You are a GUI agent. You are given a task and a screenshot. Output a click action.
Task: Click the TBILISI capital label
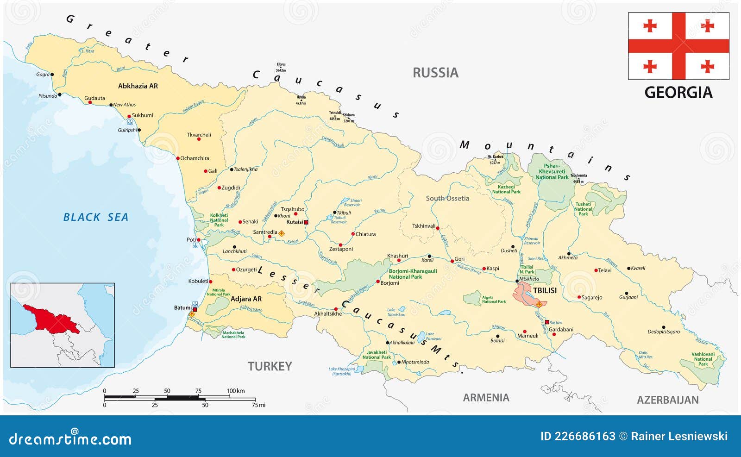click(545, 290)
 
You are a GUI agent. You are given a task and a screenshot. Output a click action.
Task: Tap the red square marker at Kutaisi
click(306, 222)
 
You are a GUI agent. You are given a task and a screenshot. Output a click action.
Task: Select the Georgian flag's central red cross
click(678, 46)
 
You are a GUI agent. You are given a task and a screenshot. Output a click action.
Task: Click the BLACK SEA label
click(95, 217)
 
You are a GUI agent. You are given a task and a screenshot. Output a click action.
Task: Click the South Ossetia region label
click(447, 198)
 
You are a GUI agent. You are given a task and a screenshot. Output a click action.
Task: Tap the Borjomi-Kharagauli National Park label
click(412, 274)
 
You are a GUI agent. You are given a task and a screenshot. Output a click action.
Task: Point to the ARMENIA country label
click(486, 398)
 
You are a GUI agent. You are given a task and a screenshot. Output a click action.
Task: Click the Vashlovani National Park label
click(703, 359)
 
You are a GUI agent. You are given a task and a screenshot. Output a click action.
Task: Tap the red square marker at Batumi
click(195, 309)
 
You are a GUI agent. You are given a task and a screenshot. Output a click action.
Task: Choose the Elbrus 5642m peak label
click(281, 67)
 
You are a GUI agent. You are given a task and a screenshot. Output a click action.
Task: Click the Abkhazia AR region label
click(138, 86)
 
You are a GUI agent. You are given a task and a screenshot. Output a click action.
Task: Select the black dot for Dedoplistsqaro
click(663, 327)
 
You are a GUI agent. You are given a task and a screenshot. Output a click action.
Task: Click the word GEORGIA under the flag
click(678, 93)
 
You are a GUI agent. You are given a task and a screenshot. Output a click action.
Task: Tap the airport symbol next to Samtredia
click(281, 234)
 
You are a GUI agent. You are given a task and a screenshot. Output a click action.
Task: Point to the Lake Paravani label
click(431, 336)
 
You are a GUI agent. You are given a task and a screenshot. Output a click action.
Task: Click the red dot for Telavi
click(596, 270)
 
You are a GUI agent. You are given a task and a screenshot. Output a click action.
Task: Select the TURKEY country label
click(270, 366)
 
